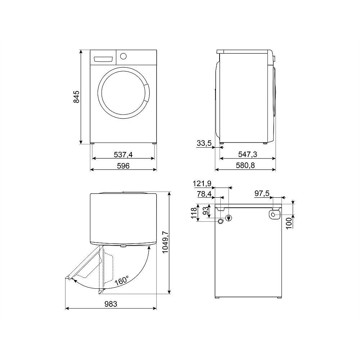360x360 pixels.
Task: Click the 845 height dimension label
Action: (x=76, y=97)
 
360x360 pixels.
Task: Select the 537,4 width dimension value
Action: (x=123, y=155)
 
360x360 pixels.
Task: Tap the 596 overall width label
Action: (x=123, y=166)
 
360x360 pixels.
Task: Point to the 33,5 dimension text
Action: (x=204, y=143)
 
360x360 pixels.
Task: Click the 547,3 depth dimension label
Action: (x=248, y=154)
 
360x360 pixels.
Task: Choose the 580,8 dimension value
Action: (x=245, y=165)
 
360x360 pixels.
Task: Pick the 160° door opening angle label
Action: (x=122, y=280)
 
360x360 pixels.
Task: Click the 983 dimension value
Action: (x=111, y=304)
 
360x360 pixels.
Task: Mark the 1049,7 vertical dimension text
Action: (x=165, y=242)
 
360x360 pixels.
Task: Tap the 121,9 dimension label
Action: (x=202, y=184)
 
